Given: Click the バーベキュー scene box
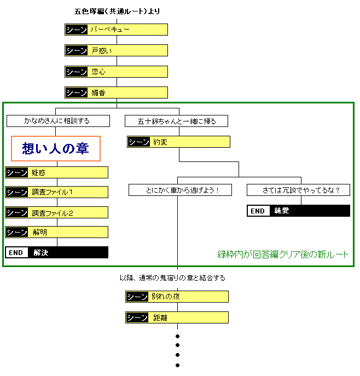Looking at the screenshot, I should coord(116,30).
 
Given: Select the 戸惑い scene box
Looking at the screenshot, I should coord(116,50).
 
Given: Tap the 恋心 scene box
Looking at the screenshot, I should coord(116,72).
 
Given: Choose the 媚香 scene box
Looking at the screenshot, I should coord(116,92).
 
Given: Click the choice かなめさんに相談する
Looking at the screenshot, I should coord(57,120).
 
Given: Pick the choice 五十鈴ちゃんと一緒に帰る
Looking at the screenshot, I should coord(176,120).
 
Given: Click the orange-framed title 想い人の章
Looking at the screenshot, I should coord(56,148).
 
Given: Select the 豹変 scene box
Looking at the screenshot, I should coord(178,142).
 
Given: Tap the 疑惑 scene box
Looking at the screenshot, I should coord(57,172).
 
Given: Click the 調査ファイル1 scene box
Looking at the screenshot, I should coord(57,192).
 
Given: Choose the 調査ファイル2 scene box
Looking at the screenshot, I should coord(57,212).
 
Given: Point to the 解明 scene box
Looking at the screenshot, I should coord(57,232).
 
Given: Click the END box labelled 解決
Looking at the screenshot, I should coord(57,252).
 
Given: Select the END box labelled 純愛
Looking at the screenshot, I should coord(298,211).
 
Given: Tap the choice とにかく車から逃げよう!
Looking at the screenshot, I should coord(180,190).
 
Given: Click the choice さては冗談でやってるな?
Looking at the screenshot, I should coord(298,190).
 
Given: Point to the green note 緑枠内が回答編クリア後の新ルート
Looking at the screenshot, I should coord(283,254).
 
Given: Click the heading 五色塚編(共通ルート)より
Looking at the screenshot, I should coord(117,11).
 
